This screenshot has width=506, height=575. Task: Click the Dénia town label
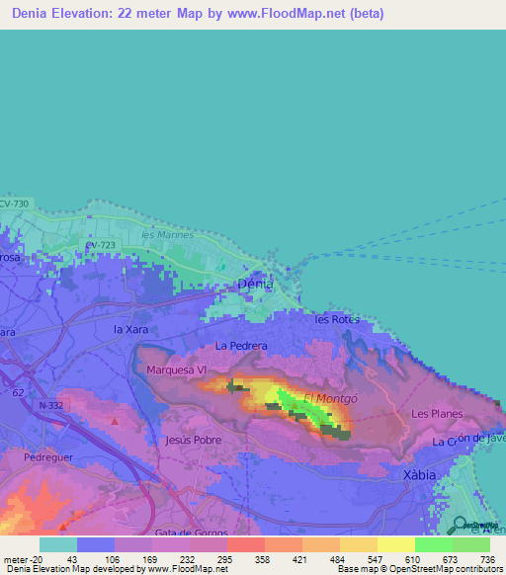click(256, 284)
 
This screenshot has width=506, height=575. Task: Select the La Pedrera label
click(241, 346)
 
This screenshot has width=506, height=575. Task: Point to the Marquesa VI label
click(175, 370)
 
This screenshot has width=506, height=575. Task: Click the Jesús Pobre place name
click(194, 440)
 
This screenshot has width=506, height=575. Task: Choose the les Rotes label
click(337, 319)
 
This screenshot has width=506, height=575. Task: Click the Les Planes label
click(433, 414)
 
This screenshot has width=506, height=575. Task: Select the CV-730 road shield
click(15, 204)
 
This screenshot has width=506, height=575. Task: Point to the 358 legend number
click(262, 559)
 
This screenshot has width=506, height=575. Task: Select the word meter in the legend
click(16, 559)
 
